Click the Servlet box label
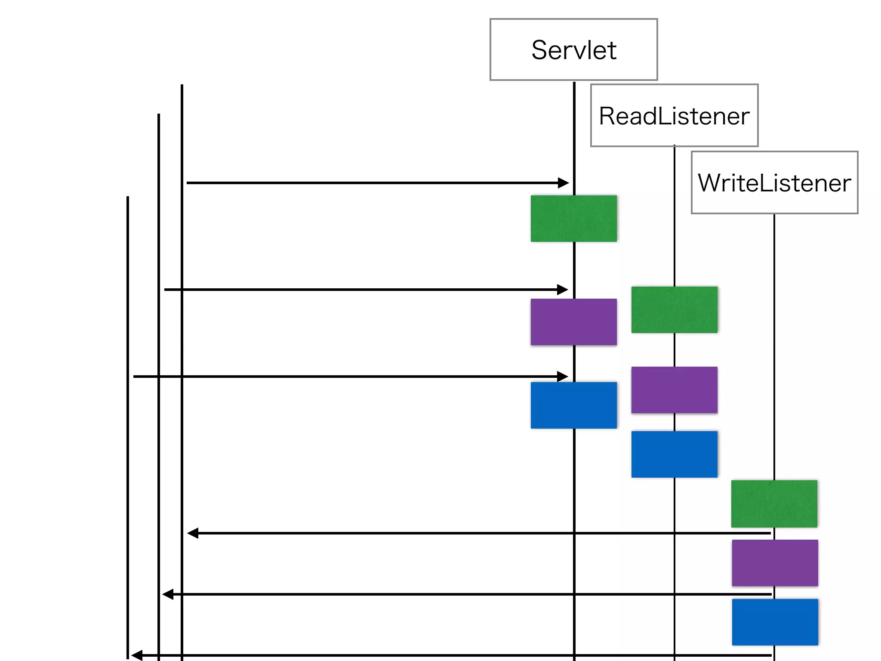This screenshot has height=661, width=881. click(573, 50)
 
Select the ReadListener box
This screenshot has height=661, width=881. click(674, 116)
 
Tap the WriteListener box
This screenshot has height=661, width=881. click(774, 182)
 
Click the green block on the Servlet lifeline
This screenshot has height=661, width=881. click(573, 219)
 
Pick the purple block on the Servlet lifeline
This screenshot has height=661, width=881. click(573, 322)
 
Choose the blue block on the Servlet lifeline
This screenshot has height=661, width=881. click(573, 405)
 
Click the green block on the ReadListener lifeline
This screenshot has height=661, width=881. click(674, 310)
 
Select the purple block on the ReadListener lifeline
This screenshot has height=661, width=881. click(674, 390)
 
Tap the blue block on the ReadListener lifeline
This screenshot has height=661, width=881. click(674, 454)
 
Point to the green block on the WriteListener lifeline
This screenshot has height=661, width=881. click(774, 503)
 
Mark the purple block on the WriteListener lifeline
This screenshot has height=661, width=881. click(775, 563)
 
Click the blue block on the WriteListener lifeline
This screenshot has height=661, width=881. click(775, 622)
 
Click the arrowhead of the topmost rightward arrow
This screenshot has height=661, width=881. click(564, 183)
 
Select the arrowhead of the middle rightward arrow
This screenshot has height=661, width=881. click(563, 290)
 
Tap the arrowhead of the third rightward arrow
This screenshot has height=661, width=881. click(563, 377)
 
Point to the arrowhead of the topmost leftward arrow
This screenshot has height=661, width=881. click(193, 533)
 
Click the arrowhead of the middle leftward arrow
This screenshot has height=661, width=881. click(168, 594)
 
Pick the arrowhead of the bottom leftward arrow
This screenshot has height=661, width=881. click(137, 655)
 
